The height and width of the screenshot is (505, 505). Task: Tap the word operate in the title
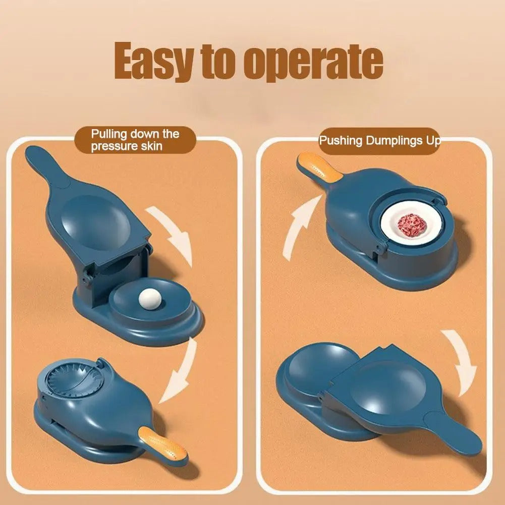click(313, 64)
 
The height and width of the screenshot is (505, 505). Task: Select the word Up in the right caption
click(431, 141)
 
